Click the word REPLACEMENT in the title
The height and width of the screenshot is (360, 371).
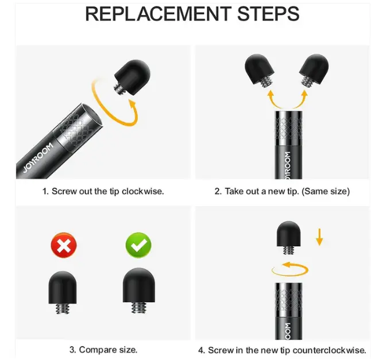pyautogui.click(x=158, y=14)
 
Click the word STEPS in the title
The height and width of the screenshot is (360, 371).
pyautogui.click(x=268, y=14)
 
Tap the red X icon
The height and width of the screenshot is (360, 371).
pyautogui.click(x=64, y=245)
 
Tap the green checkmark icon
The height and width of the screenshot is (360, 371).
pyautogui.click(x=138, y=245)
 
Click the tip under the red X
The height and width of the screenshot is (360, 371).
pyautogui.click(x=63, y=292)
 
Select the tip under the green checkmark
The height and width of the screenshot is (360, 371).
pyautogui.click(x=138, y=291)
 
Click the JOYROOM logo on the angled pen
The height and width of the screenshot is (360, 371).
pyautogui.click(x=38, y=158)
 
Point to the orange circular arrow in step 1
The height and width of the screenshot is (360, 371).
pyautogui.click(x=104, y=118)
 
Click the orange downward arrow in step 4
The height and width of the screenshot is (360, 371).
pyautogui.click(x=319, y=237)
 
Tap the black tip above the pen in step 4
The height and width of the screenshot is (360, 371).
pyautogui.click(x=289, y=238)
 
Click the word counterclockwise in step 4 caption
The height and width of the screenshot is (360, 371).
pyautogui.click(x=329, y=350)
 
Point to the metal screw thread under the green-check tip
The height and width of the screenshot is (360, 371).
pyautogui.click(x=139, y=308)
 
